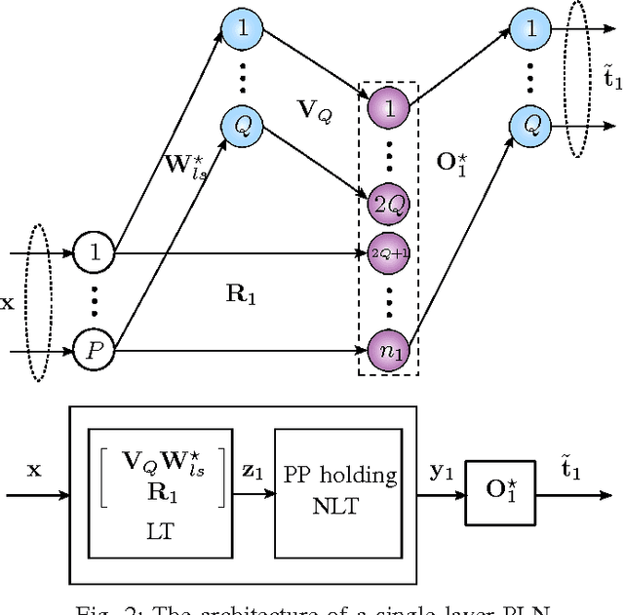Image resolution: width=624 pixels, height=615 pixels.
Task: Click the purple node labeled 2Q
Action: [390, 206]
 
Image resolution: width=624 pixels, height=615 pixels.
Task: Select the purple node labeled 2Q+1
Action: [390, 253]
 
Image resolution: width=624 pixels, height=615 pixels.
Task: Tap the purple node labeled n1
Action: [390, 350]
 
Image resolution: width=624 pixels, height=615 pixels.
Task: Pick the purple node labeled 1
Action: [390, 109]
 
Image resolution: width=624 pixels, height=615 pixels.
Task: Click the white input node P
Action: [92, 350]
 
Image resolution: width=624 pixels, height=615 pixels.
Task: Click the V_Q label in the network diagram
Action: [315, 113]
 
